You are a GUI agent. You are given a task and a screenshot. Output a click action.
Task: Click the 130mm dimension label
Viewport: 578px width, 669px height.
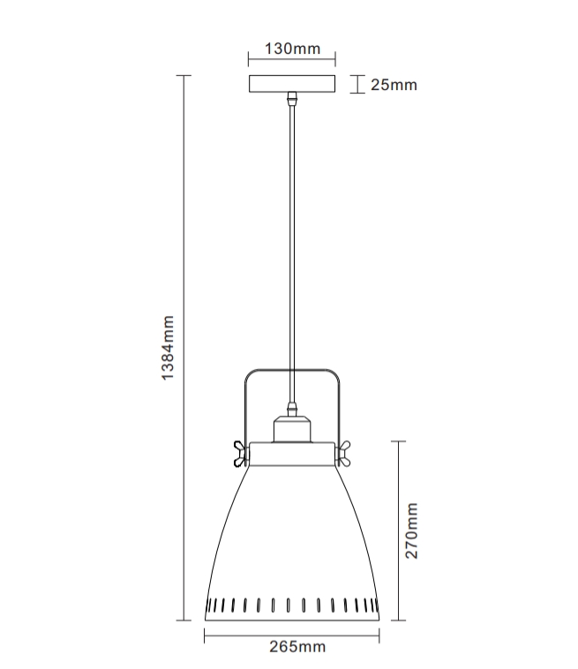(292, 49)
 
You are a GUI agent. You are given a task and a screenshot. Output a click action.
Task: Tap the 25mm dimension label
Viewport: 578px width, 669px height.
(394, 85)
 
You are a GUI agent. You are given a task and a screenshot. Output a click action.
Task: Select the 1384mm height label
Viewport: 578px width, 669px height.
(168, 348)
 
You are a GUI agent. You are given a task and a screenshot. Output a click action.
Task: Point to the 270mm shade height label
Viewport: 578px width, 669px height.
(411, 530)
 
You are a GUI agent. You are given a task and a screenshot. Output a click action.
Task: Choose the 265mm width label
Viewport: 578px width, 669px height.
(297, 647)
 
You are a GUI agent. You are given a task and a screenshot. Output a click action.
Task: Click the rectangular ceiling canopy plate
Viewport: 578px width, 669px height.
(292, 84)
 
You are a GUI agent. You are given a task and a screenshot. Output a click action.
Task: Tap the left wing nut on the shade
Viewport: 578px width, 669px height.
(241, 454)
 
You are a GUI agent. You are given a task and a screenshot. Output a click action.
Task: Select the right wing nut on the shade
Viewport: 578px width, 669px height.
(344, 454)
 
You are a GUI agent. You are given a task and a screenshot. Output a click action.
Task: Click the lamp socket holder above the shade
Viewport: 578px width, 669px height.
(292, 429)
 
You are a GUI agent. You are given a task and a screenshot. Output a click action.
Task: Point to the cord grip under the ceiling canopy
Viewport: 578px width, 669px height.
(292, 99)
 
